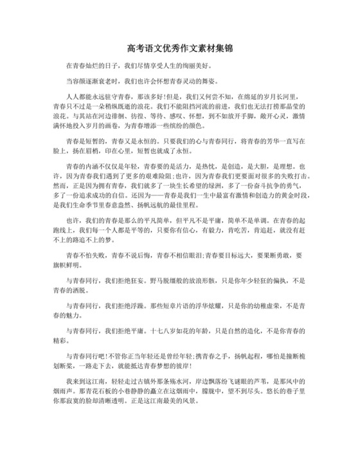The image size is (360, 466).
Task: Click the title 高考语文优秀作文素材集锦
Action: tap(179, 49)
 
